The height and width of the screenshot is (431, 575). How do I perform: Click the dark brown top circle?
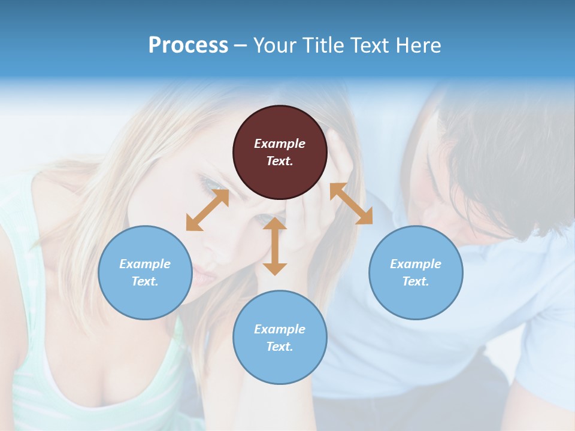point(280,152)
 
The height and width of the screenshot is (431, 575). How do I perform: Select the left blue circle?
point(145,272)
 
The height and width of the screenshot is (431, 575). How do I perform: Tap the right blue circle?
point(416,272)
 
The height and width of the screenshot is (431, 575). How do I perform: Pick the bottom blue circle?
point(280,338)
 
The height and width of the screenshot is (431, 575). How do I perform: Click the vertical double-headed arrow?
point(275,246)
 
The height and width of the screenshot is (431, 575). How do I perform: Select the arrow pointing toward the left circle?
point(207,210)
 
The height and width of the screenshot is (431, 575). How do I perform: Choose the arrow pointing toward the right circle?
point(352,204)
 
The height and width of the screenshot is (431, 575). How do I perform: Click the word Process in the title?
point(188,45)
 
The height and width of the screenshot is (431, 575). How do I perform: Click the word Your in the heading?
point(276,45)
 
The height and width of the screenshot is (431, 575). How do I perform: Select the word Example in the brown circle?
point(280,144)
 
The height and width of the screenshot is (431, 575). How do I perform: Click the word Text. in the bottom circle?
point(280,347)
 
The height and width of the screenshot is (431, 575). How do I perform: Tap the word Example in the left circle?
point(145,264)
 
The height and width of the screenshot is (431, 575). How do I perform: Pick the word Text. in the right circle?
point(416,281)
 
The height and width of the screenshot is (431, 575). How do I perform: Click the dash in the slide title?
point(241,45)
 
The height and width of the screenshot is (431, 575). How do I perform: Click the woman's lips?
point(203,277)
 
